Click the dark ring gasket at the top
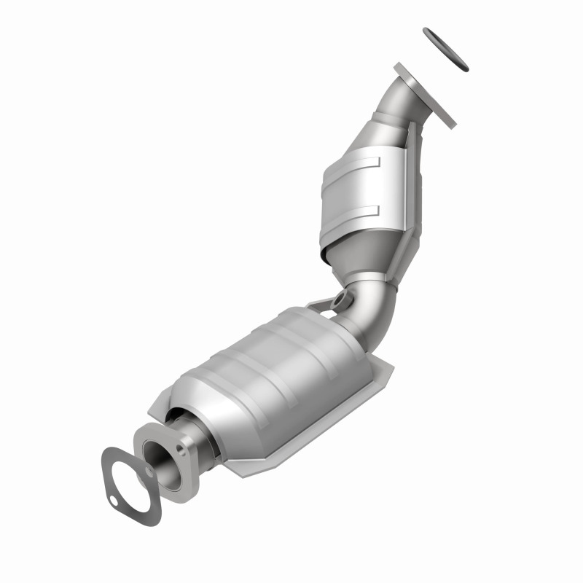click(445, 50)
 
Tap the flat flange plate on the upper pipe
click(426, 95)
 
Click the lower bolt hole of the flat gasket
click(115, 501)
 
